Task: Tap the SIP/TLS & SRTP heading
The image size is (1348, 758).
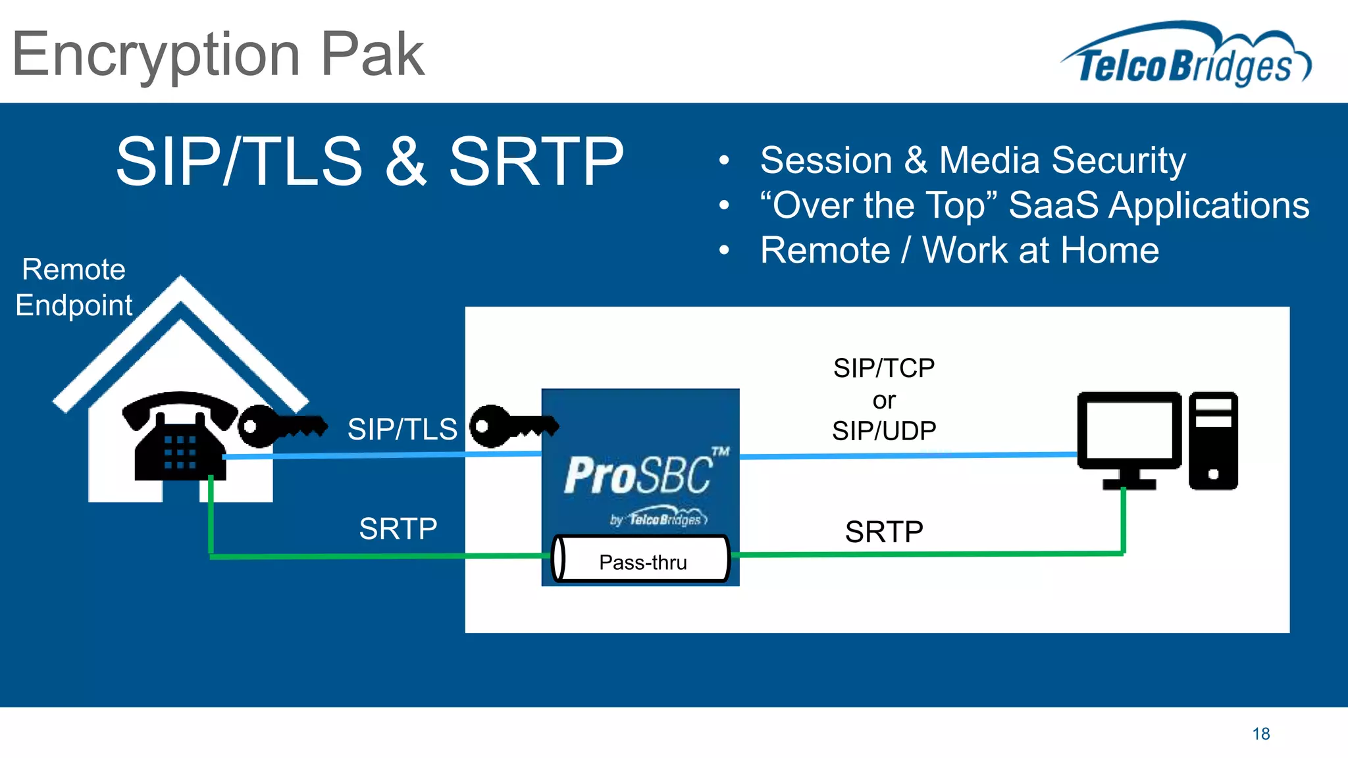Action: point(369,161)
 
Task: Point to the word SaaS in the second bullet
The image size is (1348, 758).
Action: point(1053,205)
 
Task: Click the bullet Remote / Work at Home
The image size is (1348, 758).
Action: point(959,251)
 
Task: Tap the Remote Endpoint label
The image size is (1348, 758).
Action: point(74,288)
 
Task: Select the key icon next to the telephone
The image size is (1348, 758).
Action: point(280,426)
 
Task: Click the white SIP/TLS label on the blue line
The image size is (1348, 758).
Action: point(402,429)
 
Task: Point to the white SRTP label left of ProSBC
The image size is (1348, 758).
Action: point(398,529)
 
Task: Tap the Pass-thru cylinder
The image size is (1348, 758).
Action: point(642,561)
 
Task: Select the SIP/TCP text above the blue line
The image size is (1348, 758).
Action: point(883,368)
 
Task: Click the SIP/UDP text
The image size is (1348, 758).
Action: point(883,431)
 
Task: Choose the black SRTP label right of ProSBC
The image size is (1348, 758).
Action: point(883,532)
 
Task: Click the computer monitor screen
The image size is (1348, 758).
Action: point(1129,431)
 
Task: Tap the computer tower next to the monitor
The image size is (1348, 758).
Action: point(1213,441)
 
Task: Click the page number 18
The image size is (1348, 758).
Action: point(1260,734)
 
